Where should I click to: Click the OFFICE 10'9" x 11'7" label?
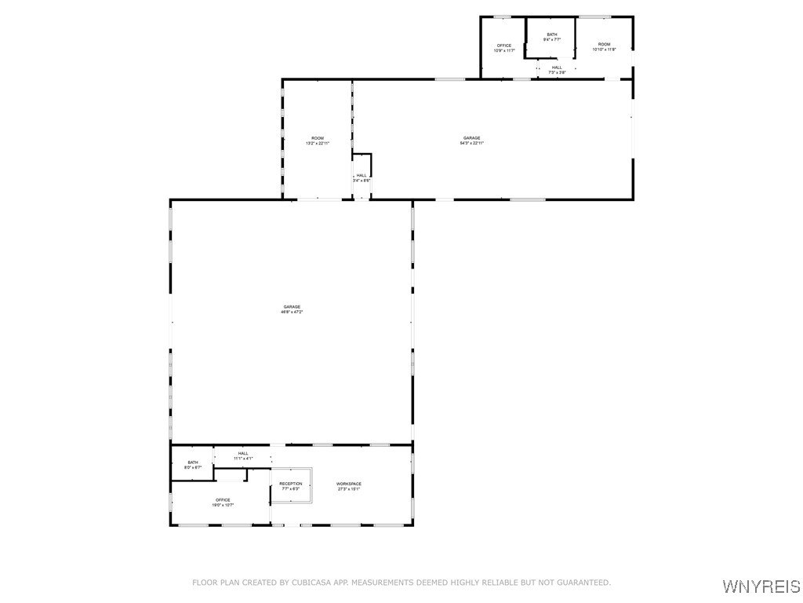coord(503,48)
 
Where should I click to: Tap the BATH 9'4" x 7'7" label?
coord(552,37)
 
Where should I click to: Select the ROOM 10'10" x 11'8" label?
coord(604,47)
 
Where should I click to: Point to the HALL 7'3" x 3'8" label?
coord(557,70)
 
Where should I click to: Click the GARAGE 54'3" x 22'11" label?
coord(471,141)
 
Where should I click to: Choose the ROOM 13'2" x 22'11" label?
coord(318,141)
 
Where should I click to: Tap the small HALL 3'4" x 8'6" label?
coord(362,178)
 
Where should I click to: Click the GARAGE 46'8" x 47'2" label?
coord(292,309)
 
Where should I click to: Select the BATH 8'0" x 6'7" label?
coord(193,465)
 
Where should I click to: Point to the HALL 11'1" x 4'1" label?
coord(243,455)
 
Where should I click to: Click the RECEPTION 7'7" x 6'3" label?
coord(291,486)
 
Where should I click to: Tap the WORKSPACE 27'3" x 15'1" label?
coord(349,486)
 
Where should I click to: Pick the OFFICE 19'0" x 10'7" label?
coord(223,502)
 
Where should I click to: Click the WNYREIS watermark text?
coord(761,587)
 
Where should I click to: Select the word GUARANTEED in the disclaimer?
coord(583,583)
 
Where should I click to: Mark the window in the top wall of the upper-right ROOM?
coord(594,16)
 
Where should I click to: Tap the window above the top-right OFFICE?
coord(503,16)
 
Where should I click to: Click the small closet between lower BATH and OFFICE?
coord(230,475)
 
